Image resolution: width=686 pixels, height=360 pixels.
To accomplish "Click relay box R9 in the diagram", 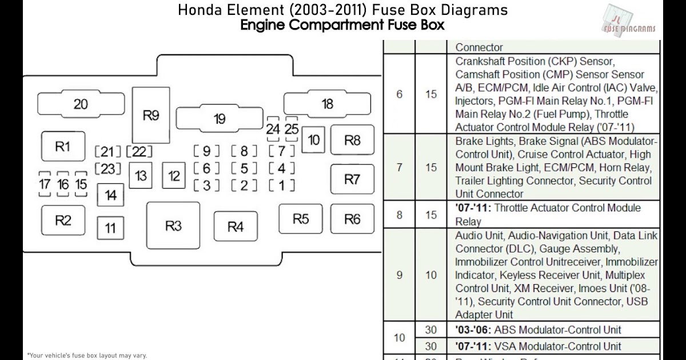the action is (150, 115).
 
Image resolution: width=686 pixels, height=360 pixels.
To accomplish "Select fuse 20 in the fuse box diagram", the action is (81, 104).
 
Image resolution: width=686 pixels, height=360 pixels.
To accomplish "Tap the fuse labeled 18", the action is (328, 104).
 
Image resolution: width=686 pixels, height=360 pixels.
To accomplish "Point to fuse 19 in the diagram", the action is (220, 119).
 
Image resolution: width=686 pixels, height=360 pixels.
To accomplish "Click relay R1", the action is (63, 146).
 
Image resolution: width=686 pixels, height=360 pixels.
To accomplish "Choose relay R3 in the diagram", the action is (173, 226).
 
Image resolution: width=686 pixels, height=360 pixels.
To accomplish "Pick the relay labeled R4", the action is (236, 226).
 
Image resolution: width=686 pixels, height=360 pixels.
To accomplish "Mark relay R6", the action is (352, 219).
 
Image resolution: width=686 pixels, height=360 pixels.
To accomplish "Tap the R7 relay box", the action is (352, 179).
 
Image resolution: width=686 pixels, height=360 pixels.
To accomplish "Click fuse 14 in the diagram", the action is (110, 195).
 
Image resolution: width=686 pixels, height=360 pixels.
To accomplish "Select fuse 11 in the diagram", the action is (110, 229).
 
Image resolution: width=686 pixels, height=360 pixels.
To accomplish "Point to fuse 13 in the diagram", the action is (141, 175).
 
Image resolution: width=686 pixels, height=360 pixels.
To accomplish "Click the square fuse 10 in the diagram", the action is (314, 140).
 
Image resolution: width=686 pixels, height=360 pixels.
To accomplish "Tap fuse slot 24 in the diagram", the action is (273, 129).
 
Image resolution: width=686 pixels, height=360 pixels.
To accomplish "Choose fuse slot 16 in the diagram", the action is (63, 184).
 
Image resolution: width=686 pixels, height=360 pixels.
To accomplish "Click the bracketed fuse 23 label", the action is (108, 169).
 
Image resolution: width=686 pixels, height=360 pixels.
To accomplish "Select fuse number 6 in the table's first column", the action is (399, 94).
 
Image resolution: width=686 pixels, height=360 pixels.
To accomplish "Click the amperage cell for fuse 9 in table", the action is (431, 275).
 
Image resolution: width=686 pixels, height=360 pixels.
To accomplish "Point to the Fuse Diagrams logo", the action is (629, 20).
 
